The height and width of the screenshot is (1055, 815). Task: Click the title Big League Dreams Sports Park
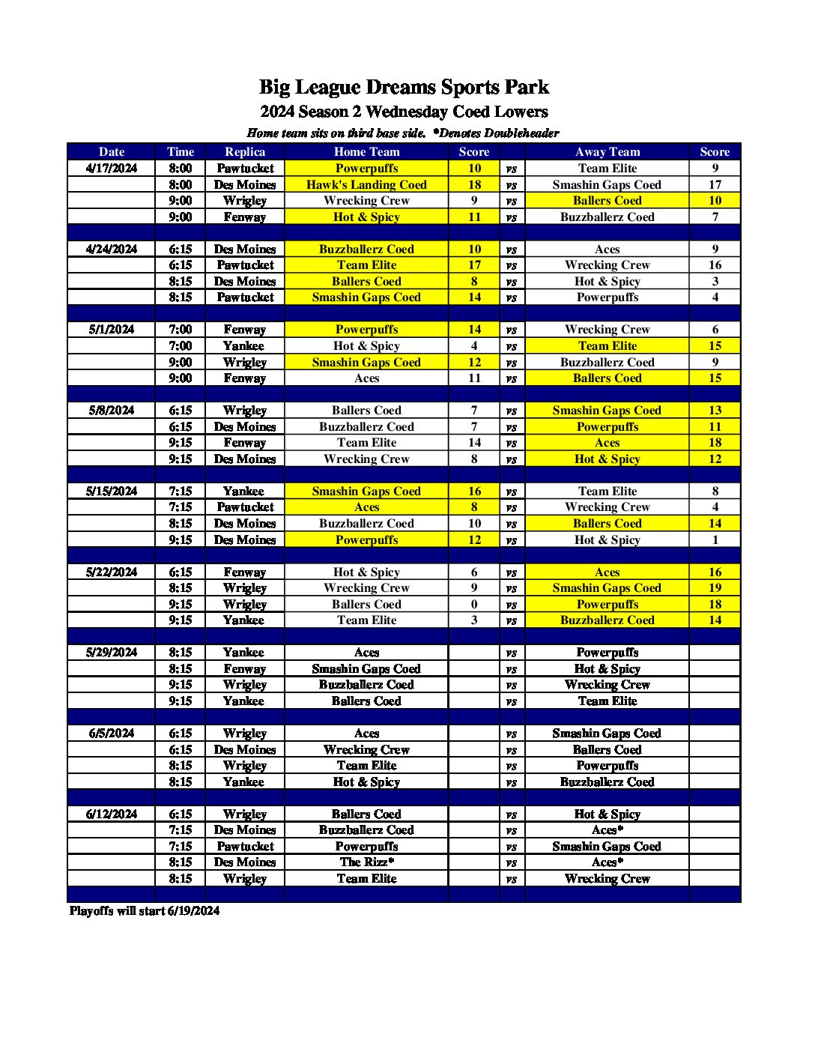404,88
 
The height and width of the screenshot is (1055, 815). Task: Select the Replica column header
245,152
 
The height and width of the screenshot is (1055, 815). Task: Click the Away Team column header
607,152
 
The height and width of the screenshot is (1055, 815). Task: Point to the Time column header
181,152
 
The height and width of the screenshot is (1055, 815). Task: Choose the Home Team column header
366,152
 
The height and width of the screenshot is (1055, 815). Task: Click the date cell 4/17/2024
112,169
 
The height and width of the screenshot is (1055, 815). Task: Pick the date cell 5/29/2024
112,653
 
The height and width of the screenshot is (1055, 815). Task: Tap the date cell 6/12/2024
112,814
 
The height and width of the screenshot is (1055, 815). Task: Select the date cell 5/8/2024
112,411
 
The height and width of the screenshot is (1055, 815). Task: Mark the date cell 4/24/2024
112,250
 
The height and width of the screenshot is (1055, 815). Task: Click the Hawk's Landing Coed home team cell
366,185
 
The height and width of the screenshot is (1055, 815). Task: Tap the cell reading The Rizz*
366,862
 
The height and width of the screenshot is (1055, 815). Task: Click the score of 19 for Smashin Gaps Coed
715,588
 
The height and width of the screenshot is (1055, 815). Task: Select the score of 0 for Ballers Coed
474,605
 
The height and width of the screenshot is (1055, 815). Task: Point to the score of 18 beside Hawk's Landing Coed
474,185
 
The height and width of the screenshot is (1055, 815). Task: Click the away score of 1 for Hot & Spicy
715,540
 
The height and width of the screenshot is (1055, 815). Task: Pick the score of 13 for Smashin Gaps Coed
715,411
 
